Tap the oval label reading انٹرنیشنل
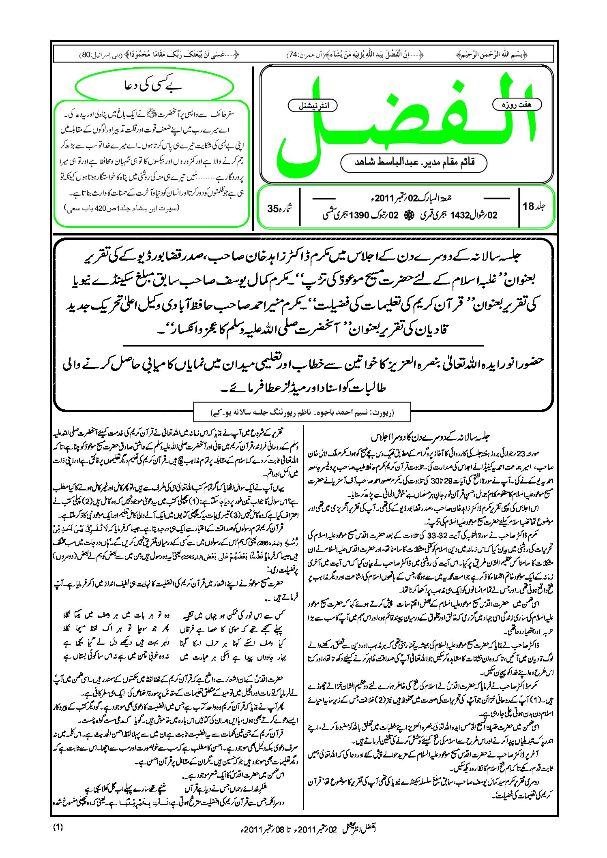[313, 106]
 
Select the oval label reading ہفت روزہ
[517, 105]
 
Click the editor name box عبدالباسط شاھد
[414, 163]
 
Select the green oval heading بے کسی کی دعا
[154, 86]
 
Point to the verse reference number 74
[292, 55]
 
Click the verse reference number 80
[86, 55]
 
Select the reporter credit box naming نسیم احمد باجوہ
[302, 413]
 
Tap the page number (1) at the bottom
[58, 828]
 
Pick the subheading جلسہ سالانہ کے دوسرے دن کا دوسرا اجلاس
[431, 437]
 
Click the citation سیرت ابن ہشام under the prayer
[122, 208]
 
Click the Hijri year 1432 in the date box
[459, 215]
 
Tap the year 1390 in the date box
[358, 215]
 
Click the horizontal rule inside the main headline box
[303, 345]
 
